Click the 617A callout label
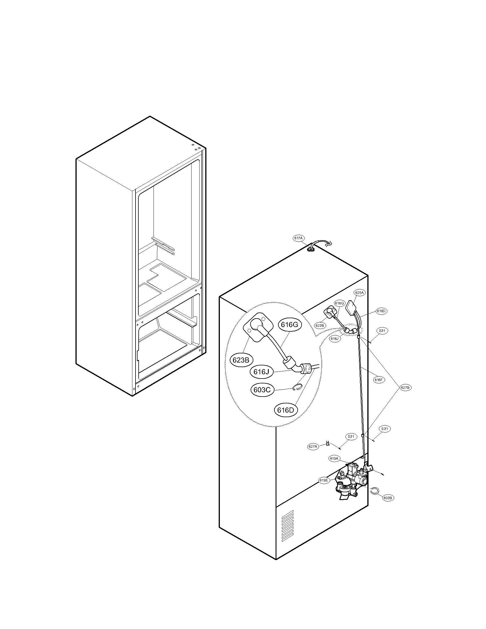298,238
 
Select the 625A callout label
360,292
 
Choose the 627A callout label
313,447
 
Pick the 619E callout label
324,480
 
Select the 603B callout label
388,498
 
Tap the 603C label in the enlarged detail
262,390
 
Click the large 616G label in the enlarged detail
289,325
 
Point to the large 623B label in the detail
241,360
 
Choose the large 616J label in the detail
261,372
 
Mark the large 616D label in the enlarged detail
285,410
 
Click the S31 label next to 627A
351,437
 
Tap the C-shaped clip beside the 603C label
297,388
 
